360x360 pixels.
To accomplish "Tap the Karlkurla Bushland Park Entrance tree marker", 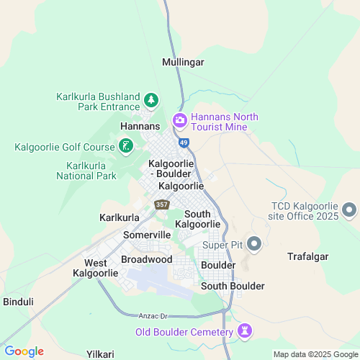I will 151,99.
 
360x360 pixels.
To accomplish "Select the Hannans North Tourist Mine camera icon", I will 179,120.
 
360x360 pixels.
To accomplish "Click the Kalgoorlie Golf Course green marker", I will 126,147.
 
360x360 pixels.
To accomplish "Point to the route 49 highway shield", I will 184,143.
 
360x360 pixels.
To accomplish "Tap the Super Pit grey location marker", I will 253,244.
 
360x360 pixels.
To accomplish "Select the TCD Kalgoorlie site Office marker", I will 349,210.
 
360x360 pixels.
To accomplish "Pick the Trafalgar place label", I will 308,256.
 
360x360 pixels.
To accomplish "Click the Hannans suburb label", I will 139,125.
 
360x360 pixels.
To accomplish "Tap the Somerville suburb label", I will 147,235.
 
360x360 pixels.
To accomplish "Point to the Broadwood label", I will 146,259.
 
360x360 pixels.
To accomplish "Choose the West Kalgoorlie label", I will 95,268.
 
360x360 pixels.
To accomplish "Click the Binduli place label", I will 18,301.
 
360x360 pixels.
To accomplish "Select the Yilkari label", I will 100,354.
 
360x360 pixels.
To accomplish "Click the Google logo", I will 24,351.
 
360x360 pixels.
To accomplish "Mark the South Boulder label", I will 233,286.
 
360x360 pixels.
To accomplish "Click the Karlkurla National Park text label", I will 86,171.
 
